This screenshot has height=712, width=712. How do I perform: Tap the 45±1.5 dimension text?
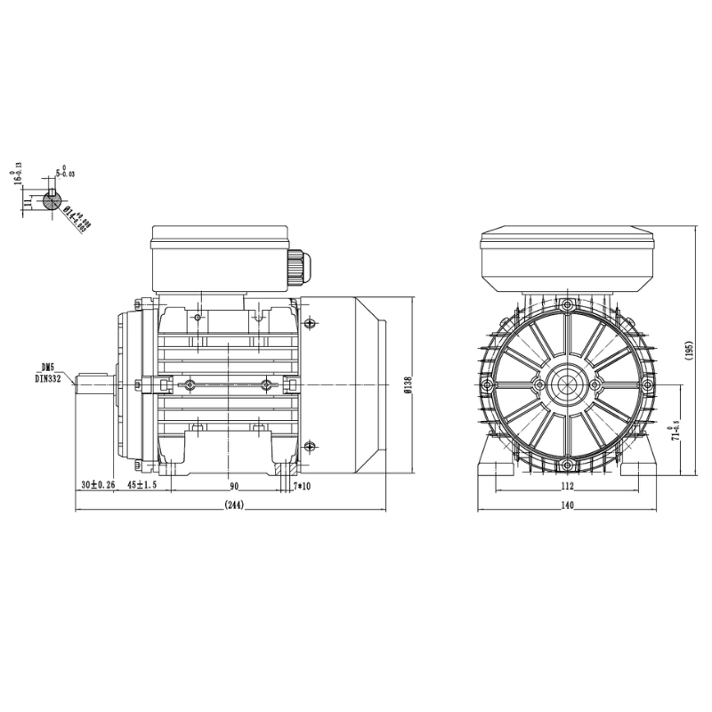142,485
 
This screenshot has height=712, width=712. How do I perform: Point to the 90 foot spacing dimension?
234,485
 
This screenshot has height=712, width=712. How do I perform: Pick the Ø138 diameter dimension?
407,384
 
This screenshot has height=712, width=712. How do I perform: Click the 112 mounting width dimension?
567,486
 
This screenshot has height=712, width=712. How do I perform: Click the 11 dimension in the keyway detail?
28,202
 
